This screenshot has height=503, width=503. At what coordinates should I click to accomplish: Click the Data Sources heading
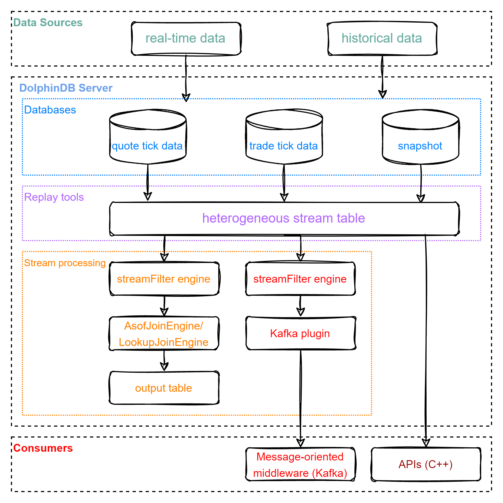click(x=48, y=23)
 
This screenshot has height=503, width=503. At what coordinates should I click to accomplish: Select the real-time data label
click(x=185, y=38)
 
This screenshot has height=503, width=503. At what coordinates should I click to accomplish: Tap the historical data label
click(x=382, y=38)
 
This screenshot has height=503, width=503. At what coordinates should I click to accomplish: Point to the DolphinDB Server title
click(x=66, y=88)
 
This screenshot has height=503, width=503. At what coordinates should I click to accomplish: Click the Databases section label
click(x=50, y=110)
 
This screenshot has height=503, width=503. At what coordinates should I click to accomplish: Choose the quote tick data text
click(x=147, y=146)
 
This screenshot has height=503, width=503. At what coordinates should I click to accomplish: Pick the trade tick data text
click(x=283, y=146)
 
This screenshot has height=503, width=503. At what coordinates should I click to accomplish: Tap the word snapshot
click(x=420, y=146)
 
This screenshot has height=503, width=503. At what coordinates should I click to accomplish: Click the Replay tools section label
click(x=54, y=197)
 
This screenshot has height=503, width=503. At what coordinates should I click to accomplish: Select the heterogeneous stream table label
click(x=283, y=218)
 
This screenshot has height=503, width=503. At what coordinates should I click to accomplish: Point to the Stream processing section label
click(x=65, y=263)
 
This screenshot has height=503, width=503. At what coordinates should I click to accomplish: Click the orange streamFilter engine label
click(x=163, y=279)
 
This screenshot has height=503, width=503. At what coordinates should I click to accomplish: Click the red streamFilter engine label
click(x=300, y=279)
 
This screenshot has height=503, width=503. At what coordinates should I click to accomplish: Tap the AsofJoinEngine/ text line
click(x=163, y=326)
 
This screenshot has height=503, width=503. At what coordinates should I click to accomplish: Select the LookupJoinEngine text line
click(x=163, y=342)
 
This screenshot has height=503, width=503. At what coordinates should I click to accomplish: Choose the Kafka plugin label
click(x=300, y=334)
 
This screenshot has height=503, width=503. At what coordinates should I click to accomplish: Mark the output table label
click(x=163, y=388)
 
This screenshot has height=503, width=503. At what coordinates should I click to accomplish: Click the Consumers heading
click(x=43, y=448)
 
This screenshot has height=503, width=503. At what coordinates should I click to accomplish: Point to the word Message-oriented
click(x=300, y=457)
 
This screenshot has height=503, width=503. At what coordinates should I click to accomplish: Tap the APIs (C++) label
click(x=425, y=465)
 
